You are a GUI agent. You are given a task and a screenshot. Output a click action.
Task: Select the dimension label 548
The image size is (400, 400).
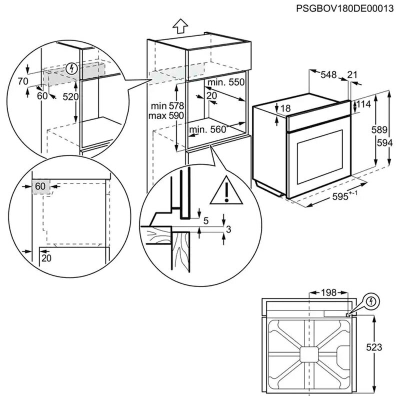coord(328,75)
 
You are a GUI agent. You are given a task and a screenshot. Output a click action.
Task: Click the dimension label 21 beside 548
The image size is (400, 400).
coord(352,75)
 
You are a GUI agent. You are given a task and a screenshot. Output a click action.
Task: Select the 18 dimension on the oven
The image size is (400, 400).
coord(285,108)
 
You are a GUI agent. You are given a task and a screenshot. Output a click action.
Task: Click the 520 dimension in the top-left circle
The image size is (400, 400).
coord(71,97)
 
